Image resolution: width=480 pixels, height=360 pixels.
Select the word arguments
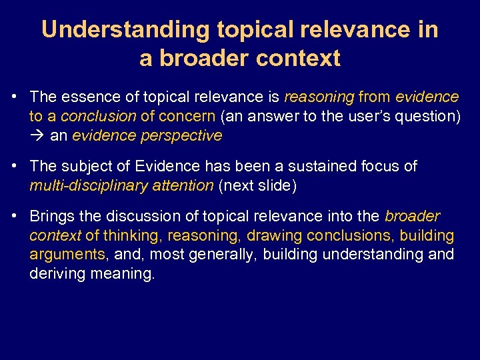click(67, 255)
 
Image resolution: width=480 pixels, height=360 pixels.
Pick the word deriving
click(53, 274)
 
